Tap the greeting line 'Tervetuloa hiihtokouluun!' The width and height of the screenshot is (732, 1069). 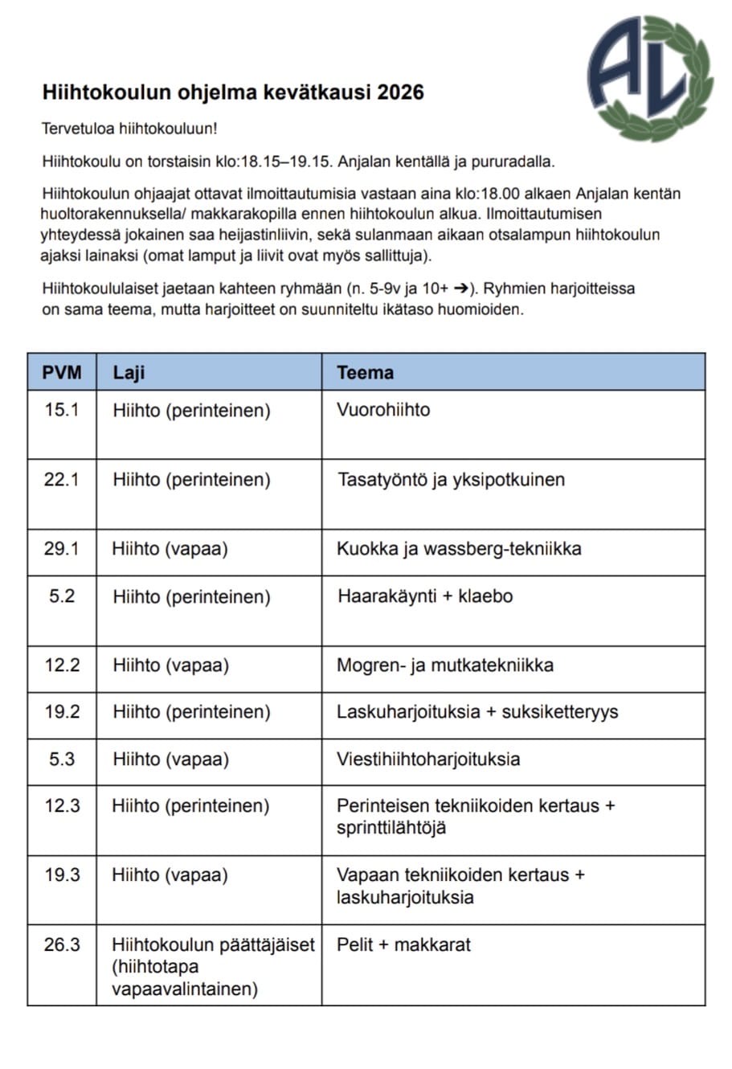pyautogui.click(x=129, y=129)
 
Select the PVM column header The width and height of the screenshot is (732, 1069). pyautogui.click(x=62, y=372)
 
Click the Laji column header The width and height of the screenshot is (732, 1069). pyautogui.click(x=129, y=372)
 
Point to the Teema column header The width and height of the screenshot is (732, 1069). pyautogui.click(x=365, y=372)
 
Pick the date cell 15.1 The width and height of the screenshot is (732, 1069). pyautogui.click(x=62, y=410)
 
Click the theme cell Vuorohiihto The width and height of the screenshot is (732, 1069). pyautogui.click(x=383, y=410)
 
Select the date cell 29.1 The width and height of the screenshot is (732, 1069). pyautogui.click(x=62, y=549)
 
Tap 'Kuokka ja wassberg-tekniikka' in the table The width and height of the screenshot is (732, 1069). pyautogui.click(x=459, y=549)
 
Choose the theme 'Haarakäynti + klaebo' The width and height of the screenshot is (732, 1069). pyautogui.click(x=424, y=596)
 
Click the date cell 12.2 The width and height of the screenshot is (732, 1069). pyautogui.click(x=62, y=666)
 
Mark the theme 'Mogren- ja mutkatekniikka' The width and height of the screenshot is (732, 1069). pyautogui.click(x=444, y=666)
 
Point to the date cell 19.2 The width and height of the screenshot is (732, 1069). pyautogui.click(x=62, y=712)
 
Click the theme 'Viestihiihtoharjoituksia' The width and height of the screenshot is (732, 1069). pyautogui.click(x=427, y=759)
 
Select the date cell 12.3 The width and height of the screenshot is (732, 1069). pyautogui.click(x=62, y=806)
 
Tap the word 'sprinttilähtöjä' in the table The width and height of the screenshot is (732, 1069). pyautogui.click(x=391, y=828)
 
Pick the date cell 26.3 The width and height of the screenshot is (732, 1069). pyautogui.click(x=62, y=945)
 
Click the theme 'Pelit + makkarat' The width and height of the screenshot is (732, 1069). pyautogui.click(x=403, y=945)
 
